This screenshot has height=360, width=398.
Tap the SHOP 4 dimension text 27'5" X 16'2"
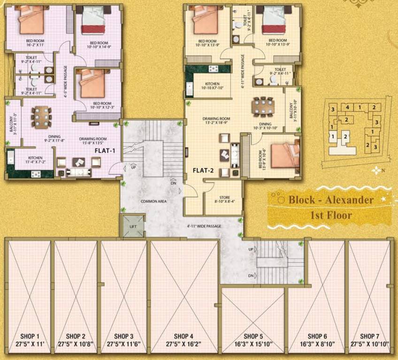coord(184,344)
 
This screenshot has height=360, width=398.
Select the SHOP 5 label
coord(253,336)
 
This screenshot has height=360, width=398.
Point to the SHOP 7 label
coord(370,336)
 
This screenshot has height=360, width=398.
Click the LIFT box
coord(133,226)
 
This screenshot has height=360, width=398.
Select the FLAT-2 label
coord(203,171)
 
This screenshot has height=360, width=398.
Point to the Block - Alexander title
coord(331,200)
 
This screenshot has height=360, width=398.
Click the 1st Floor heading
coord(331,217)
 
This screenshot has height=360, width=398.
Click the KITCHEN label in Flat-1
coord(36,157)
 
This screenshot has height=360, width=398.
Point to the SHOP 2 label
coord(75,336)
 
